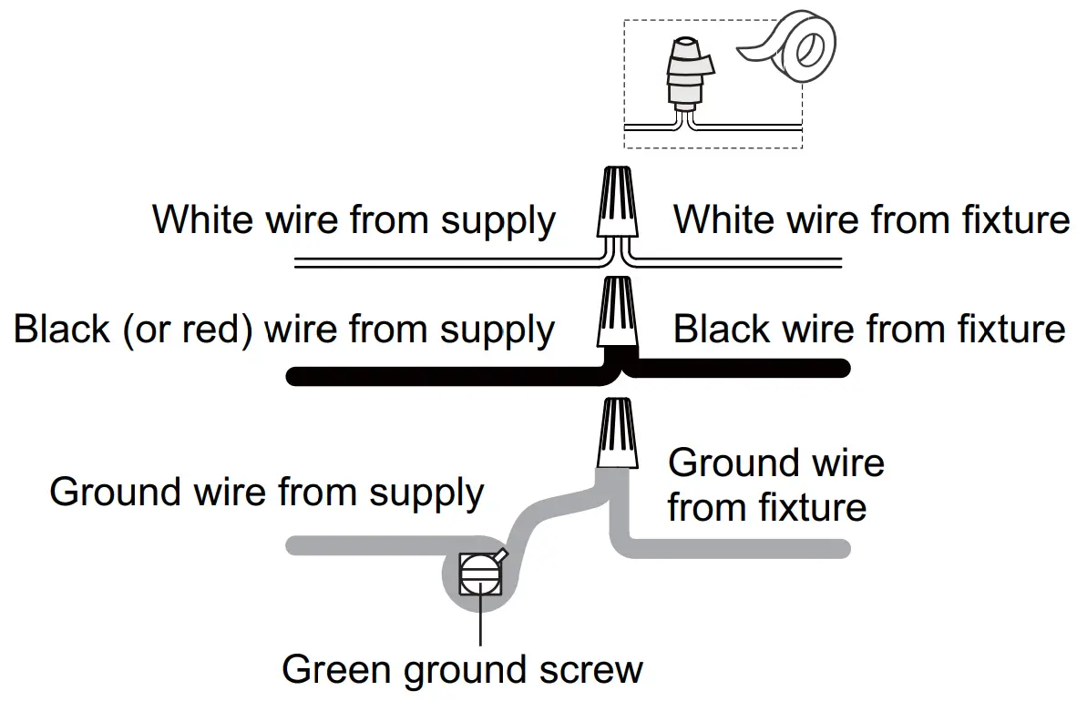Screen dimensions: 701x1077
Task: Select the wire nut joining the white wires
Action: pos(617,202)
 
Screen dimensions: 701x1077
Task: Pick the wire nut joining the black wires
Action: pos(617,313)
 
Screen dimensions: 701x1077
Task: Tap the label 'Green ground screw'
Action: pos(462,670)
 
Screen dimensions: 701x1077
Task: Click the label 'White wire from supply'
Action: pos(354,221)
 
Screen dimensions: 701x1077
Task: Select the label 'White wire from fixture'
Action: pos(870,219)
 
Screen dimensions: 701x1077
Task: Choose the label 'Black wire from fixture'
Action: pos(868,329)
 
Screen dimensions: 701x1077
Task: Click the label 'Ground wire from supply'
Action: pos(266,493)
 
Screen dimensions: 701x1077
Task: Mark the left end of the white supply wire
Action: pos(299,263)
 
